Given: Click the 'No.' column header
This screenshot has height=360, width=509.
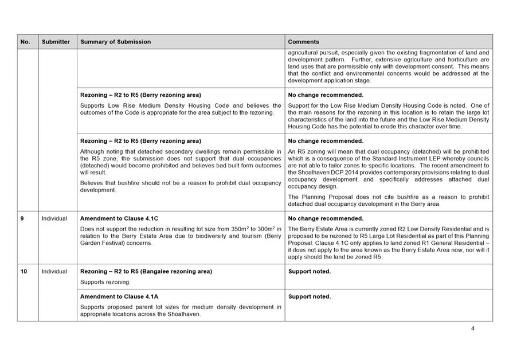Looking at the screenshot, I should pos(25,42).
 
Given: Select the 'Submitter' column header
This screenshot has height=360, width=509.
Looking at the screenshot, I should pos(56,42).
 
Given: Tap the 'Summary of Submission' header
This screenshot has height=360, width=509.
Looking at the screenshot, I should pos(116,42).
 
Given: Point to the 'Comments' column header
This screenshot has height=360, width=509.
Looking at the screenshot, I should pos(304,42).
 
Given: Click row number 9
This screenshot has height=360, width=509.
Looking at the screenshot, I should pos(22,218).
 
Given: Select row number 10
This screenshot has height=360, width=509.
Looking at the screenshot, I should pos(24,271).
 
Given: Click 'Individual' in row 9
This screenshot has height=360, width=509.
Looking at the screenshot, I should pos(54,218).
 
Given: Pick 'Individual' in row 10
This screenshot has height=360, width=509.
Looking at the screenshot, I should pos(54,271).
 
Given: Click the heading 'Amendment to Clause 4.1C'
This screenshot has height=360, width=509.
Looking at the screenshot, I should pos(119,218).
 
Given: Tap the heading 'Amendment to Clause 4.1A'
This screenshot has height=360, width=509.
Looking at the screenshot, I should pos(119,296).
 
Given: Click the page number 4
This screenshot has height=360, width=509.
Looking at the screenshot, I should pos(473,328).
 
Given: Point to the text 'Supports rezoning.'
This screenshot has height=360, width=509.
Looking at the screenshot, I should pos(105,282).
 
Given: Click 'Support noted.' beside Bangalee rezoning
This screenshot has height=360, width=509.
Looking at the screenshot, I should pos(310,271).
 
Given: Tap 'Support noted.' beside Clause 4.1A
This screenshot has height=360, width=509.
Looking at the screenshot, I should pos(310,296).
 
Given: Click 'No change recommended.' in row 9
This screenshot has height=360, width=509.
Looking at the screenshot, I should pos(326,218).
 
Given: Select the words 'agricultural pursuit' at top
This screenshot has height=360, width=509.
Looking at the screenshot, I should pos(313,53).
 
